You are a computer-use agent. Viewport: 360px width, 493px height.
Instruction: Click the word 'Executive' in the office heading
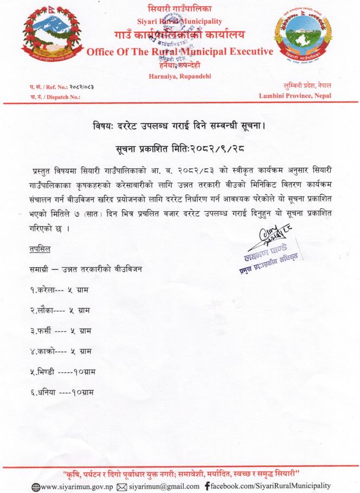click(x=243, y=53)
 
